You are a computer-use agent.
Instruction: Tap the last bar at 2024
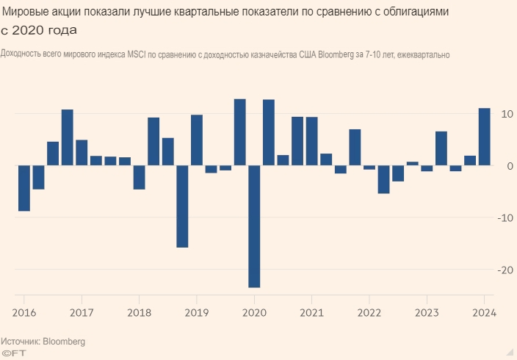(485, 137)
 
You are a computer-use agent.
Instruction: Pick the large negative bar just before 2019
(182, 206)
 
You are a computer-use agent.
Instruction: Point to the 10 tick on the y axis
(506, 114)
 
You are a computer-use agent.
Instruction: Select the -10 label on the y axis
(505, 218)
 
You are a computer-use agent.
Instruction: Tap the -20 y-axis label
(505, 270)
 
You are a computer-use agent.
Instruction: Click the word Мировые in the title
(27, 12)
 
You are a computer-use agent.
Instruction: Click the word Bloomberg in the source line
(64, 342)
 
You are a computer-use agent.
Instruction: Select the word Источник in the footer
(21, 342)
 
